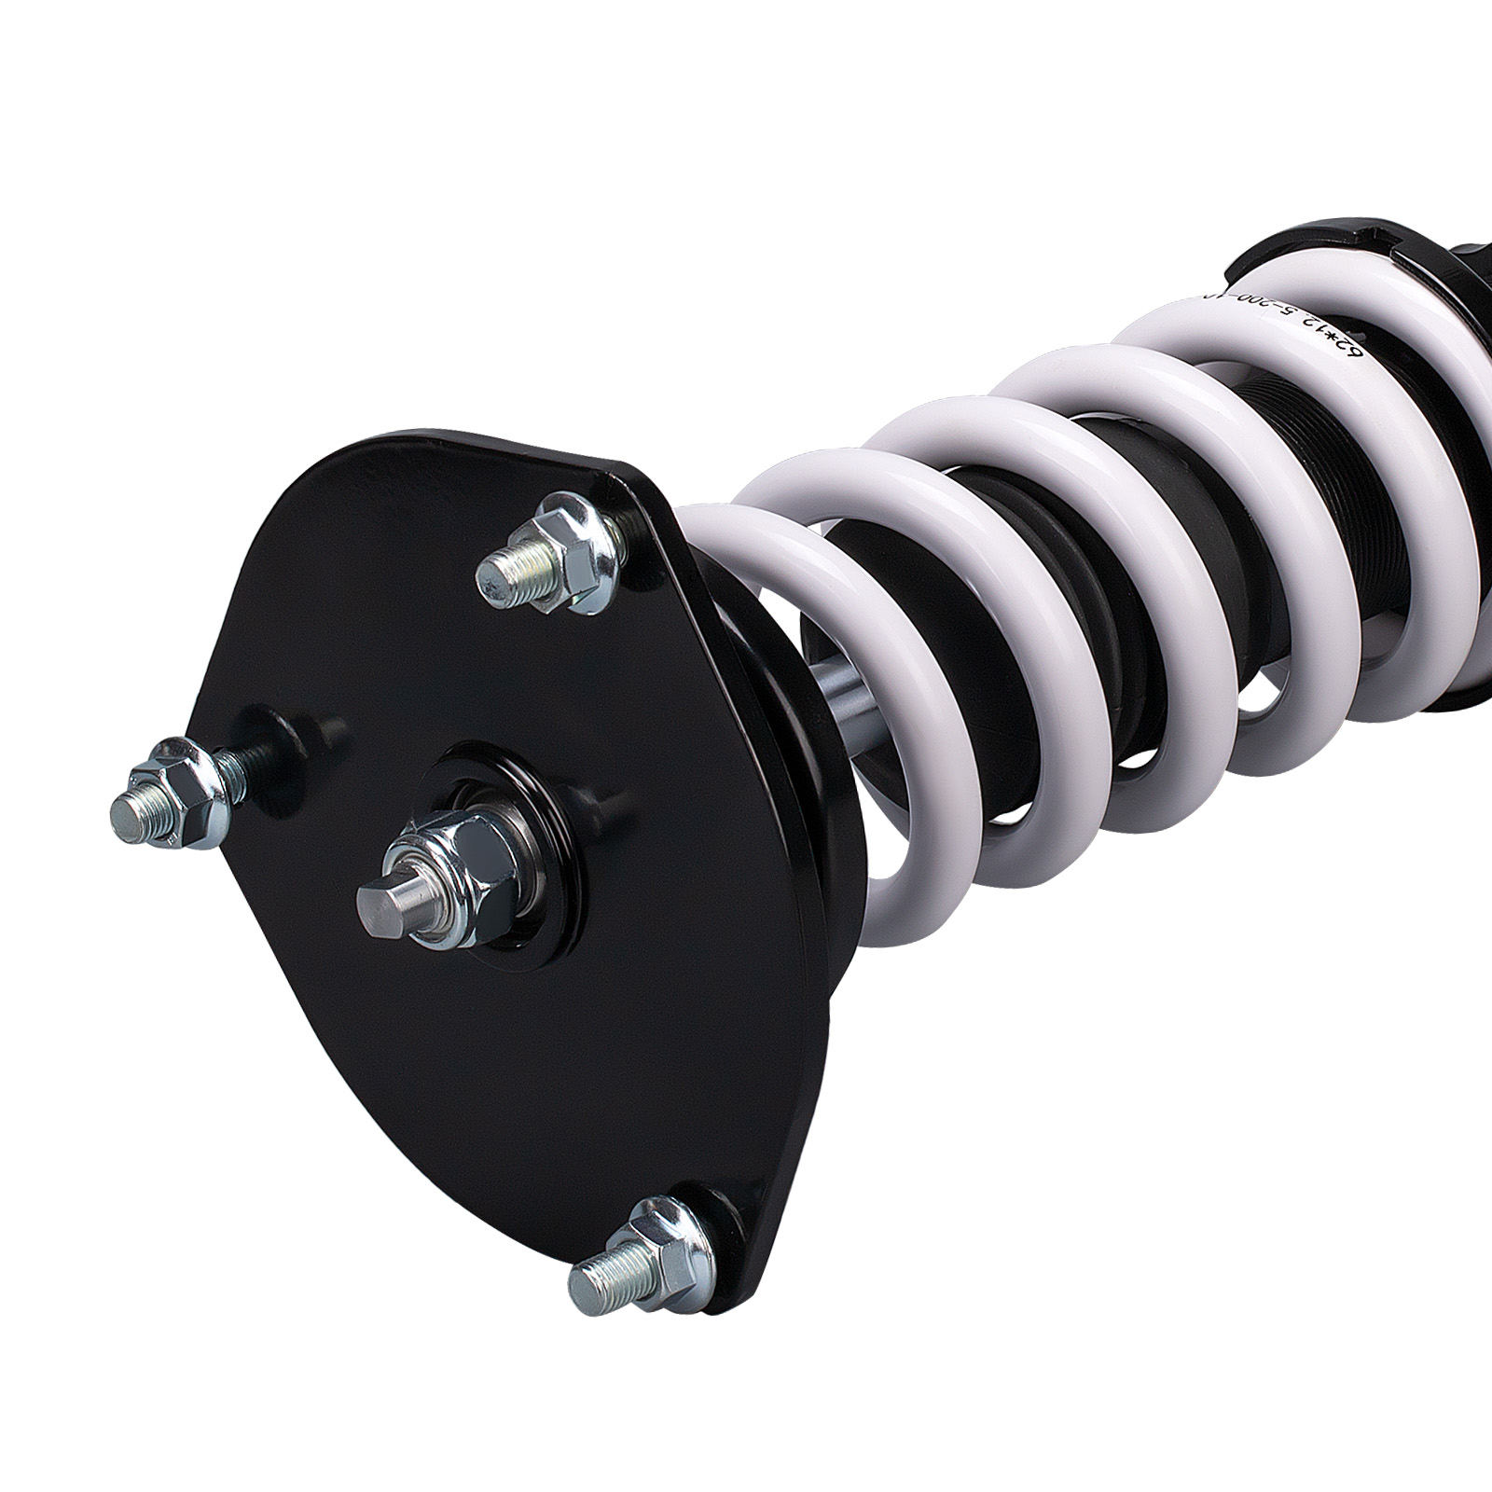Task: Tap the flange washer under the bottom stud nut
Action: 690,1250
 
